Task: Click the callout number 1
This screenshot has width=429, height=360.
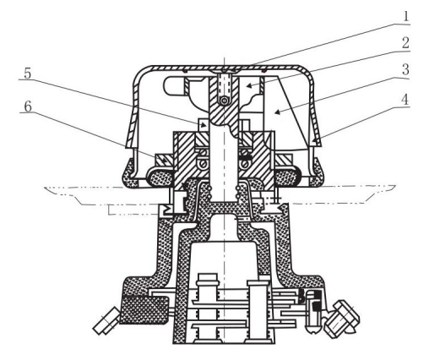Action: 405,17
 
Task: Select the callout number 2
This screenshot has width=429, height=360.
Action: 405,43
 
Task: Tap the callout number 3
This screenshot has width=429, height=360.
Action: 405,69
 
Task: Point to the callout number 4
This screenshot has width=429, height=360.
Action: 405,100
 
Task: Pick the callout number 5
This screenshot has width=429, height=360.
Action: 28,74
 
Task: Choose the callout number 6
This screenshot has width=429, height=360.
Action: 28,106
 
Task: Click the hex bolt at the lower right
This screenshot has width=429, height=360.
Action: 341,319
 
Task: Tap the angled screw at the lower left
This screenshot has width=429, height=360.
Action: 106,321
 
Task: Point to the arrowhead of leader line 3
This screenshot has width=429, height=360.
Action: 278,112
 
